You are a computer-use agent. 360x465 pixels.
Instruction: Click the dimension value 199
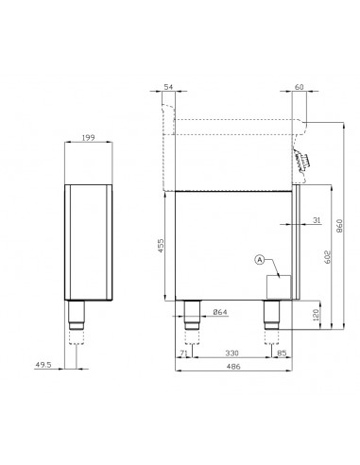(88, 138)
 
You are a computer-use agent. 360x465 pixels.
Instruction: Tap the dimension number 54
(168, 87)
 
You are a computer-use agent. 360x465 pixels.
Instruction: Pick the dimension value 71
(182, 355)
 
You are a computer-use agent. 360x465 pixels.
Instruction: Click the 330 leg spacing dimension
(230, 355)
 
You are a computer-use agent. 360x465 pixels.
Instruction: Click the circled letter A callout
(261, 259)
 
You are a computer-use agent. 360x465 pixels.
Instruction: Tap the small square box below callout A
(279, 286)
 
